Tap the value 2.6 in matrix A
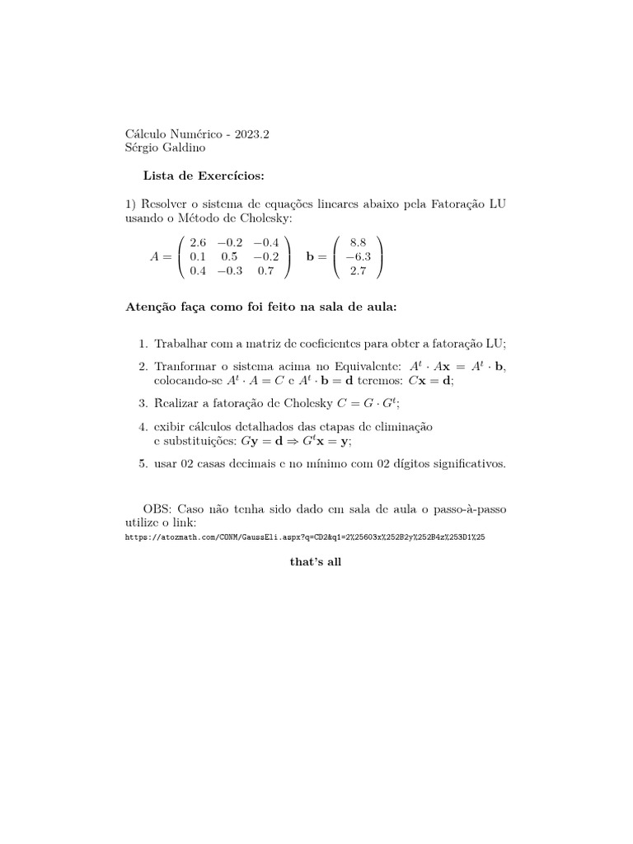[199, 242]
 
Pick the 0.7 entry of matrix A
[265, 270]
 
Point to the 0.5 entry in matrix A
[229, 256]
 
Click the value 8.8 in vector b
[358, 242]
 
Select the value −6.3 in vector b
[358, 256]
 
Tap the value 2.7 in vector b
[358, 270]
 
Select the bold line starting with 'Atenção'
[260, 307]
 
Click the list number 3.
[143, 403]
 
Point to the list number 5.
[143, 464]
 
